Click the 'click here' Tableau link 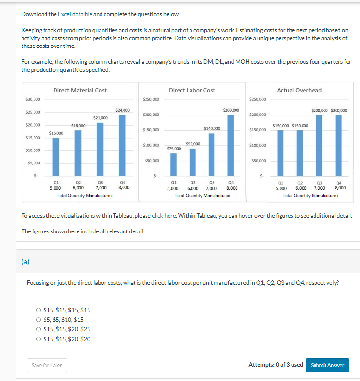(164, 216)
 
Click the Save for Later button (46, 365)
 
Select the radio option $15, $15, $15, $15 (39, 310)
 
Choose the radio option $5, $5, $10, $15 (39, 320)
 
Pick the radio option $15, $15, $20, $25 (39, 329)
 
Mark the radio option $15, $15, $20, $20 (39, 339)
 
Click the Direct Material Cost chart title (80, 90)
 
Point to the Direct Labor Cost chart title (192, 90)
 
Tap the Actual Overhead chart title (299, 90)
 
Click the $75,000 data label (174, 149)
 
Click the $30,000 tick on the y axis (33, 100)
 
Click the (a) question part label (25, 262)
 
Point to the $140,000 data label (212, 128)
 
